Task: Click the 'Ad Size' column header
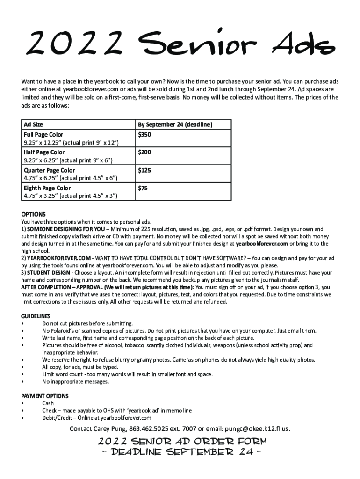point(33,125)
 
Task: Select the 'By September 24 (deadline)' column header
point(175,125)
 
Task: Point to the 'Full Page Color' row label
point(43,135)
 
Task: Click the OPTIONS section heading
point(34,215)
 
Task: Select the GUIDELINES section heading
point(36,316)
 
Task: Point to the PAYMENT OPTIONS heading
point(45,396)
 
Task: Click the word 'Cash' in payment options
point(48,403)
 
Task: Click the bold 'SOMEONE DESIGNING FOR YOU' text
point(66,229)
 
